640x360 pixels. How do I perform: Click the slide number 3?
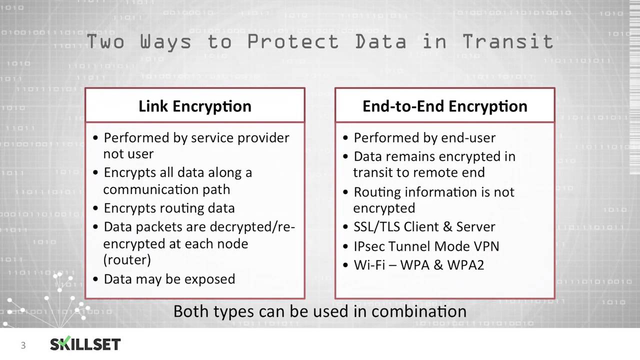click(x=23, y=345)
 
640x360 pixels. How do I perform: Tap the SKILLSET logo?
click(x=85, y=344)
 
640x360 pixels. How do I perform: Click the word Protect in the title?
click(x=293, y=41)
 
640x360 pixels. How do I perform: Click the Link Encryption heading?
click(x=195, y=106)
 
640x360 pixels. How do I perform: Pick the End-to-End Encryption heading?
click(x=445, y=106)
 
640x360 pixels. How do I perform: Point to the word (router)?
click(x=127, y=260)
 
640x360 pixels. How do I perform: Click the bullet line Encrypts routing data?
click(x=169, y=208)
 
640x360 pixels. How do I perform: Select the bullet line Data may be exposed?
click(x=169, y=279)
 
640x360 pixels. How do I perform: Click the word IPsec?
click(x=369, y=246)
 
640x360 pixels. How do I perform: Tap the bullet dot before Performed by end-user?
click(x=346, y=137)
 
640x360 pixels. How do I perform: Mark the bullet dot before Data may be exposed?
click(x=96, y=279)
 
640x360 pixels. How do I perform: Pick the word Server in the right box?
click(x=475, y=226)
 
